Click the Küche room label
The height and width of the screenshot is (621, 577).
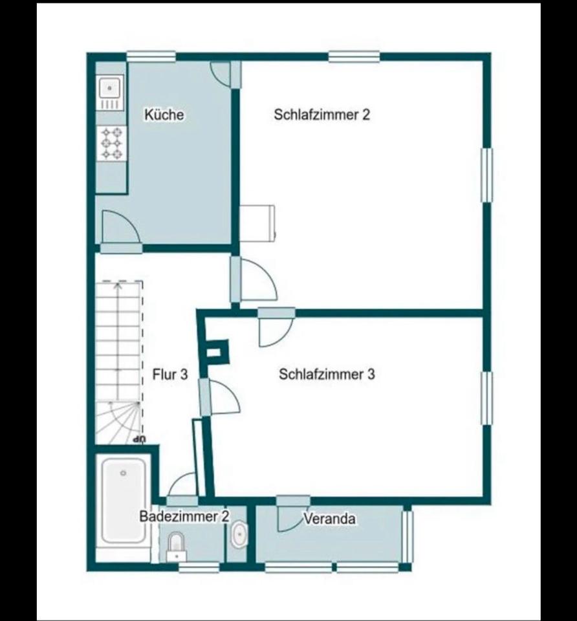point(164,114)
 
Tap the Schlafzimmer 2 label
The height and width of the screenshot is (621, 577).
point(321,114)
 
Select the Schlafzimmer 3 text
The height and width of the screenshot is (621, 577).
point(327,374)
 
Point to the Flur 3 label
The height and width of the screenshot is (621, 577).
point(170,374)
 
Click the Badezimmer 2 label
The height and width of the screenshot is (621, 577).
point(184,516)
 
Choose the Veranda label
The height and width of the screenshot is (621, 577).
point(329,518)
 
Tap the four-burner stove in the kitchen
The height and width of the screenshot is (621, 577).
point(112,143)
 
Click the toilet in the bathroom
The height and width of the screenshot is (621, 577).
point(176,547)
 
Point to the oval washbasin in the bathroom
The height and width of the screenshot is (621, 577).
point(239,536)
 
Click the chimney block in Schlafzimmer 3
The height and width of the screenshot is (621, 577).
point(214,352)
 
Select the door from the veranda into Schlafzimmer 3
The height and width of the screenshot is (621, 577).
point(293,513)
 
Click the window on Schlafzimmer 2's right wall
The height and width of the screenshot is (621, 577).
point(486,175)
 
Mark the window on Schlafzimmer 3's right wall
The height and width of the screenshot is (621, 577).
point(486,398)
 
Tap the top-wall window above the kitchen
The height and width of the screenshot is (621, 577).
point(151,57)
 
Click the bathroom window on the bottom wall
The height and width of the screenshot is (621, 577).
point(199,567)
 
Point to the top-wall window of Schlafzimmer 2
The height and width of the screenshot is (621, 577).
point(354,57)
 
